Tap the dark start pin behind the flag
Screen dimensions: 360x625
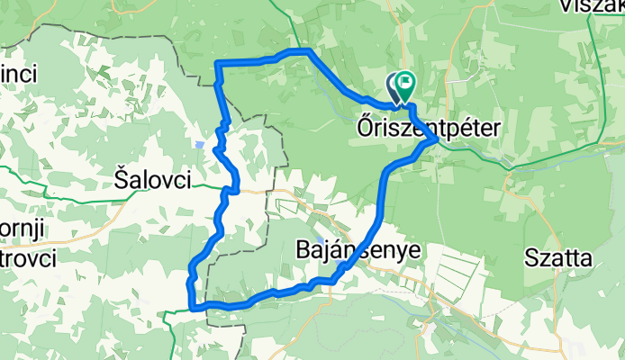[394, 85]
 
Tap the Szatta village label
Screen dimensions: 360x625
[560, 259]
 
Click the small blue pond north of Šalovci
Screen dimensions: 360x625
[197, 143]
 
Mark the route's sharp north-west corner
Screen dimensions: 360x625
[218, 63]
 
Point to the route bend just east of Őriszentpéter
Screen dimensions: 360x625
[438, 139]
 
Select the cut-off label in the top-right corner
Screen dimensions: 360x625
[594, 7]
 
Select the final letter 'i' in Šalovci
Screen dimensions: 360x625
[187, 180]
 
